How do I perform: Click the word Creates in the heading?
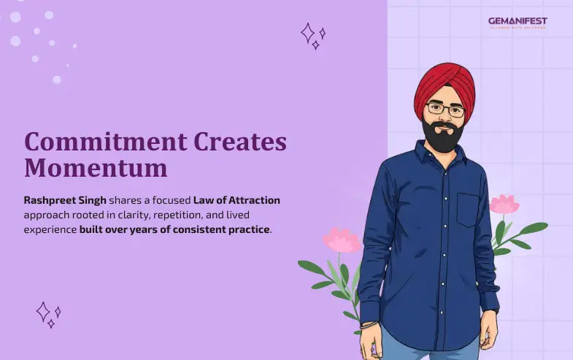[233, 142]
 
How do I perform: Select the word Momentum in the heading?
[96, 169]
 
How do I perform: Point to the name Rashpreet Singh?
[64, 199]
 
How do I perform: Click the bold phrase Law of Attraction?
[236, 199]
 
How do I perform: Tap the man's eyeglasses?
[445, 110]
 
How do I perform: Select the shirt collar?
[438, 157]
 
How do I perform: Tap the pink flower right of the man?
[504, 204]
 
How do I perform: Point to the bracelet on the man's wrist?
[371, 323]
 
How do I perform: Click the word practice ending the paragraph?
[248, 230]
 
